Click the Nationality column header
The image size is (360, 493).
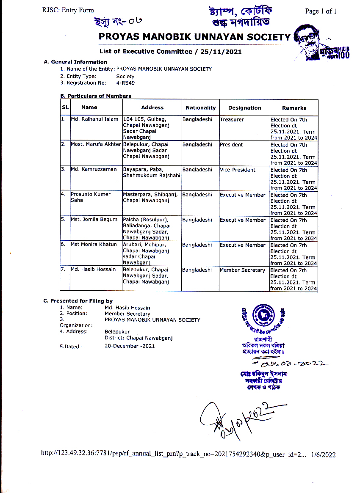[200, 107]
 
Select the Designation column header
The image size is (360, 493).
[244, 107]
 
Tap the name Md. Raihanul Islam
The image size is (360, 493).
[94, 119]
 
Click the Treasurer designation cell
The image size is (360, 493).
[232, 119]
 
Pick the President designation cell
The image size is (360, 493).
[231, 145]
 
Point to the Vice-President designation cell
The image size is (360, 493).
[238, 170]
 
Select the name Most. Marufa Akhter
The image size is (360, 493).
[96, 145]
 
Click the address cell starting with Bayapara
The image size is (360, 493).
[152, 173]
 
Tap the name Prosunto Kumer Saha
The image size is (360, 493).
[91, 197]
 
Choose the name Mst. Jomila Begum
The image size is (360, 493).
[94, 220]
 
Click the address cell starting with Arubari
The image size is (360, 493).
[146, 253]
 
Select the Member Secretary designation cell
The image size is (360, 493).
[242, 270]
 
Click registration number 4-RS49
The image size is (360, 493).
[125, 83]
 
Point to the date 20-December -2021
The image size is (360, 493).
[130, 346]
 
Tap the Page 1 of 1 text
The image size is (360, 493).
[321, 11]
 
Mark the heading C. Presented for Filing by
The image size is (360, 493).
[78, 301]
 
